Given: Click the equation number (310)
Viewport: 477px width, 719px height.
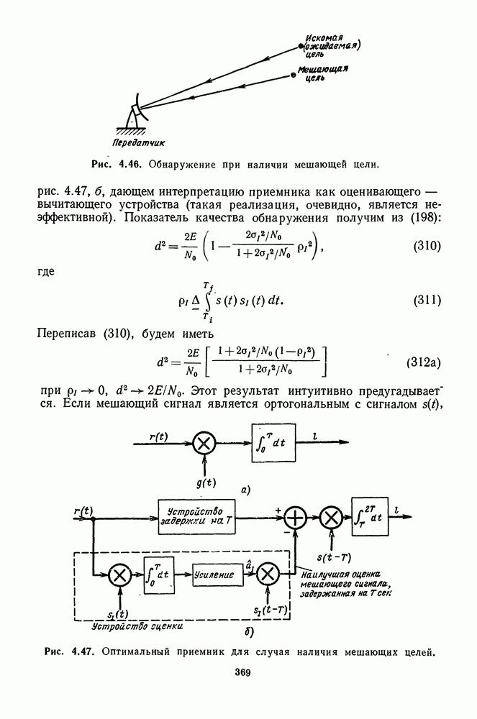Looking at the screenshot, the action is pyautogui.click(x=427, y=246).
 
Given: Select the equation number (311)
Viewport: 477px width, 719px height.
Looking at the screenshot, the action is pyautogui.click(x=427, y=300).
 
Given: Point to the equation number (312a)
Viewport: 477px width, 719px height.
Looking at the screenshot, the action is pyautogui.click(x=424, y=362).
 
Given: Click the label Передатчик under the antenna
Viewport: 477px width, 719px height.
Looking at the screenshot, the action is pyautogui.click(x=138, y=142).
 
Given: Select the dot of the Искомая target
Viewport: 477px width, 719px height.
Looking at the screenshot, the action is pyautogui.click(x=301, y=46).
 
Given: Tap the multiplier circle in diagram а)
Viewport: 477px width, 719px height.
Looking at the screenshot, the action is pyautogui.click(x=204, y=443).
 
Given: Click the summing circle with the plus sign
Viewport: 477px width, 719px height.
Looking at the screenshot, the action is pyautogui.click(x=296, y=518).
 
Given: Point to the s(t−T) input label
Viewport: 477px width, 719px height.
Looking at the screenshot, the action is pyautogui.click(x=334, y=557).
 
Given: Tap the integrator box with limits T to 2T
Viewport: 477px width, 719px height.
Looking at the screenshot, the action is pyautogui.click(x=370, y=517).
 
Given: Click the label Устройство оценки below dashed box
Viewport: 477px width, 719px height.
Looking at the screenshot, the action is pyautogui.click(x=137, y=625).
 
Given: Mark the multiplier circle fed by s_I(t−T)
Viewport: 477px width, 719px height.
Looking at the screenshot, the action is pyautogui.click(x=268, y=574).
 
